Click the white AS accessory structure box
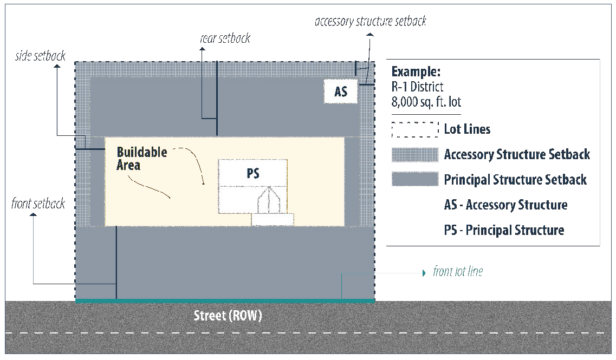(341, 91)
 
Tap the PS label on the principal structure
(252, 173)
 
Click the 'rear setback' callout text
(225, 38)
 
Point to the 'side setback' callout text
(41, 56)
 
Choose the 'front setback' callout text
(38, 204)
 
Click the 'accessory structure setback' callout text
(371, 21)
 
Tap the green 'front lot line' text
(458, 271)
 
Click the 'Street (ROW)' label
(228, 316)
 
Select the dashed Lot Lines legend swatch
(414, 129)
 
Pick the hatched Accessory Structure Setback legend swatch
(414, 154)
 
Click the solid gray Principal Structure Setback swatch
(414, 179)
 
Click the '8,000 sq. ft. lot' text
(426, 101)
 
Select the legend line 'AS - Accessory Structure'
(505, 205)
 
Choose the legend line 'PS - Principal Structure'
(504, 230)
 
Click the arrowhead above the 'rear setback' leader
(202, 49)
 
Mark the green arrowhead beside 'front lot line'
(424, 273)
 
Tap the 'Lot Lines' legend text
(467, 129)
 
